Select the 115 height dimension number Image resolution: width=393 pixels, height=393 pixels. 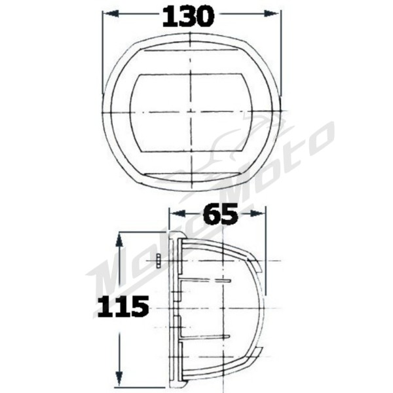point(121,306)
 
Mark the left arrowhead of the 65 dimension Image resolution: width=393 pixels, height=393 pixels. point(174,213)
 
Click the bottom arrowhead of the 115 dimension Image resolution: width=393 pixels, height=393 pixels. point(118,383)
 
